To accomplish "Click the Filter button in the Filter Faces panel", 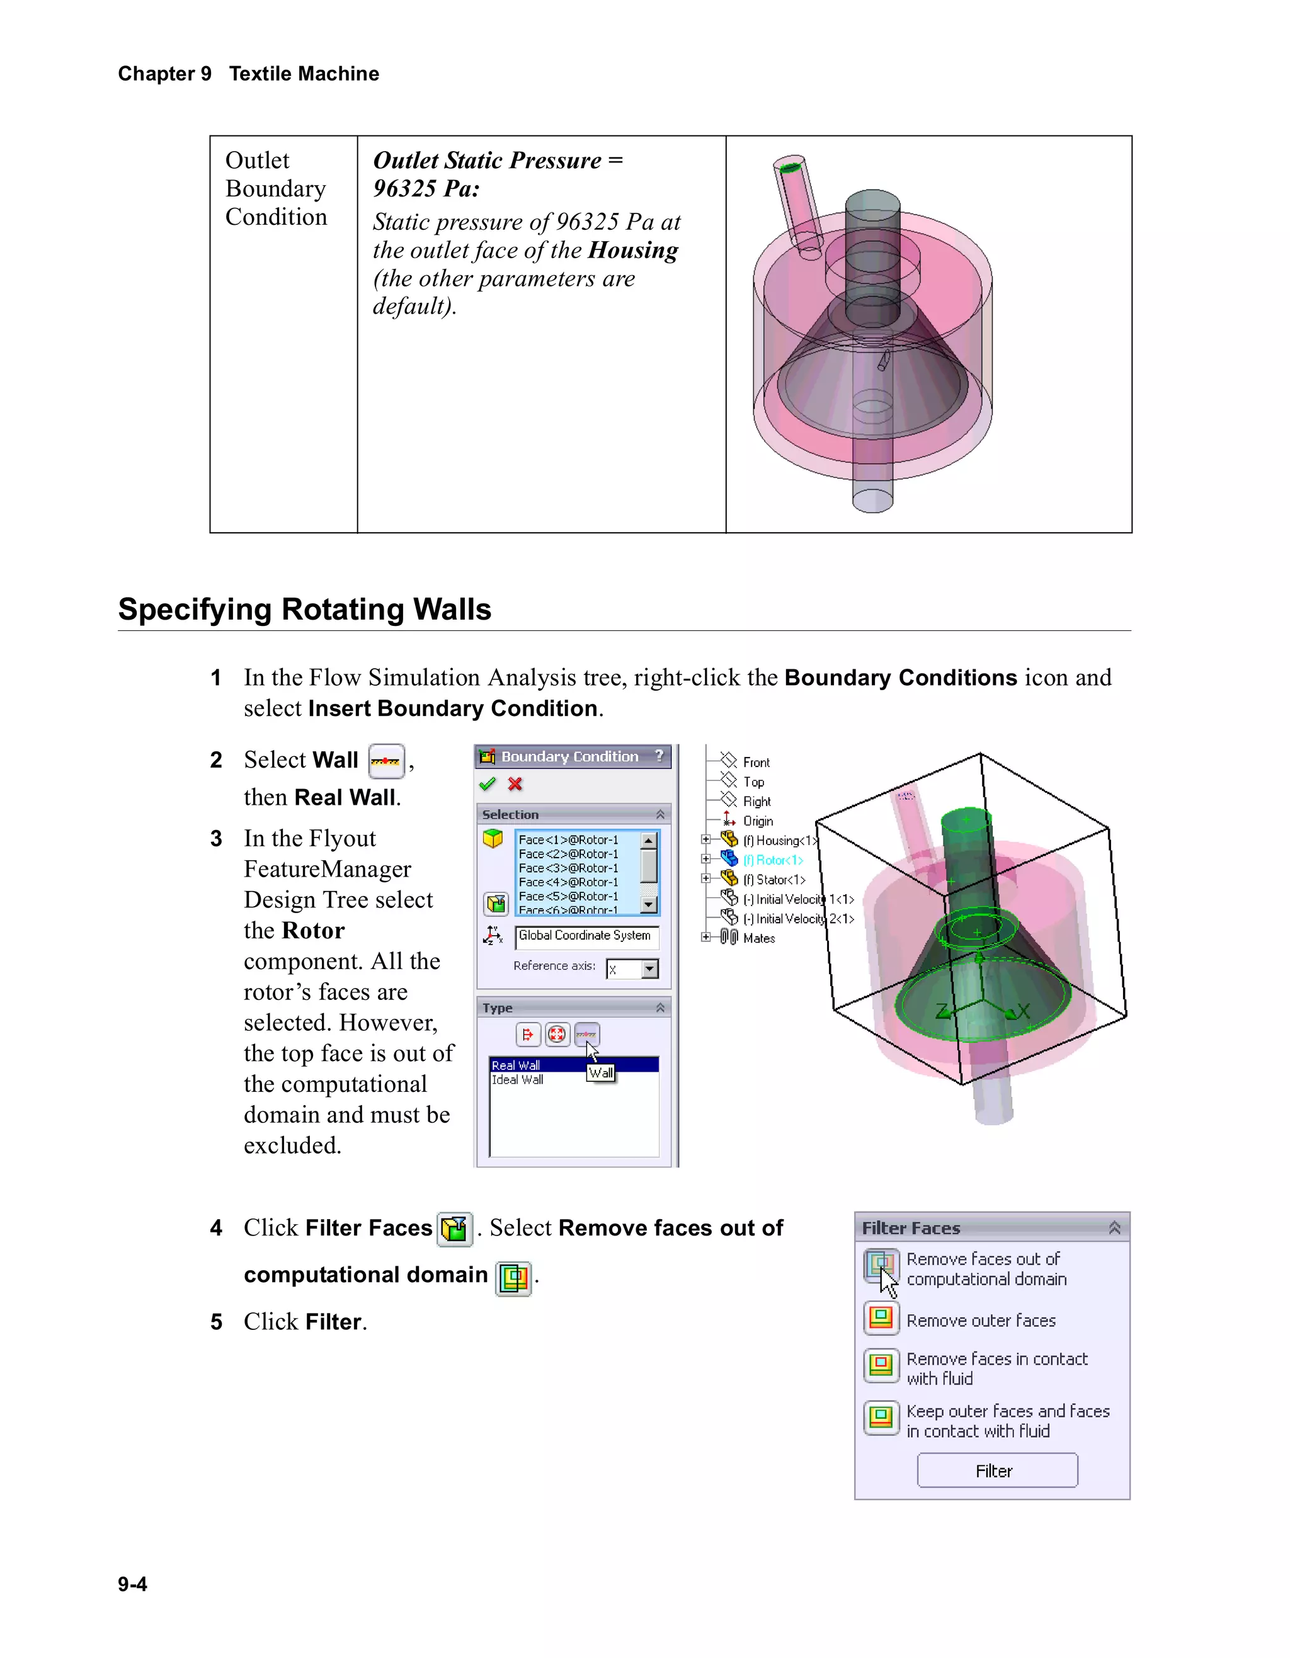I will tap(996, 1470).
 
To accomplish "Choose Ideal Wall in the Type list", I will tap(518, 1079).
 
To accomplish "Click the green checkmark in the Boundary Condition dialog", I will tap(488, 784).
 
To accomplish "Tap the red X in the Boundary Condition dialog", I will tap(515, 784).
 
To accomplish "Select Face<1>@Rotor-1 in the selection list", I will tap(568, 839).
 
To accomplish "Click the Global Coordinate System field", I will tap(585, 936).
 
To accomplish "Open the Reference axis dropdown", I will tap(649, 970).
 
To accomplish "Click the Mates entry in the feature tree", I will tap(758, 938).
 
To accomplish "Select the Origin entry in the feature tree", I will tap(758, 821).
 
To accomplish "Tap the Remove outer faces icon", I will tap(881, 1319).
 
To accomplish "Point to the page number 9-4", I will tap(132, 1584).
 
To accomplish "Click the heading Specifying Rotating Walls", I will tap(304, 610).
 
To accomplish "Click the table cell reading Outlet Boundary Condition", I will tap(277, 188).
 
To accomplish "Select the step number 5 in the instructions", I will tap(217, 1322).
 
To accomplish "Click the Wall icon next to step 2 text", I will tap(385, 761).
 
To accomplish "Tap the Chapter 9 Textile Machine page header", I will tap(248, 74).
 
